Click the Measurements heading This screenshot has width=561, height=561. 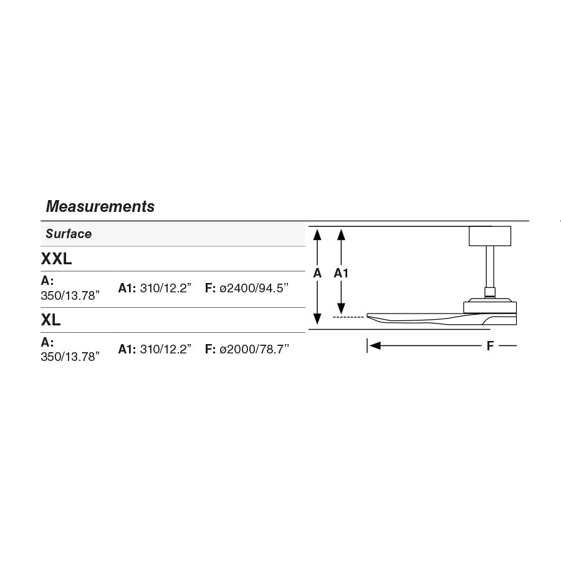100,206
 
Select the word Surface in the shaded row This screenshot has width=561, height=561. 69,234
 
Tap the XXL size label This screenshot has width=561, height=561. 56,259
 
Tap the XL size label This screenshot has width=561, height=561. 51,320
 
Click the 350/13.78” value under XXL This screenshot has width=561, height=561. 70,296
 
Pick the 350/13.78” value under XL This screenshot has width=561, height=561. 70,357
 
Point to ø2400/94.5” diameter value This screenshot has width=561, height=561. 254,288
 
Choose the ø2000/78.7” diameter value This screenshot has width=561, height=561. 254,349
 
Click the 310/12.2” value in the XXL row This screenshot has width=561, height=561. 166,288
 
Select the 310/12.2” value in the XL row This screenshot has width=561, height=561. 166,349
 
